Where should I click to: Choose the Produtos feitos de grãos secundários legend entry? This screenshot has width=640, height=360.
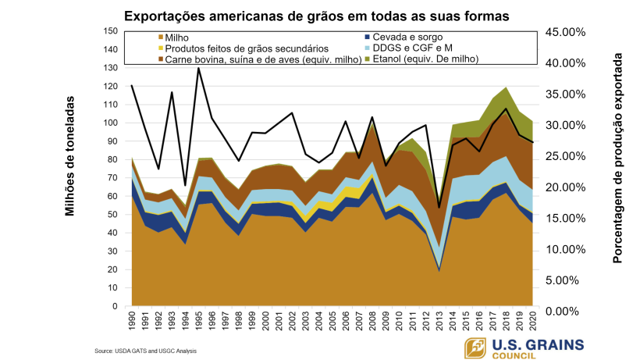(x=220, y=48)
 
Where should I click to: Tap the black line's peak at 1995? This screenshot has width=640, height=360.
(x=198, y=68)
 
